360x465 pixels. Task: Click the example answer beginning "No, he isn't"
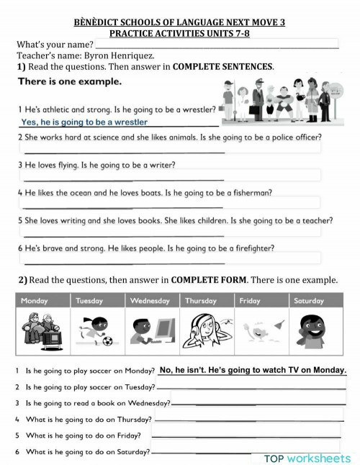(253, 370)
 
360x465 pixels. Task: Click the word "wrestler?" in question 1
(194, 109)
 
